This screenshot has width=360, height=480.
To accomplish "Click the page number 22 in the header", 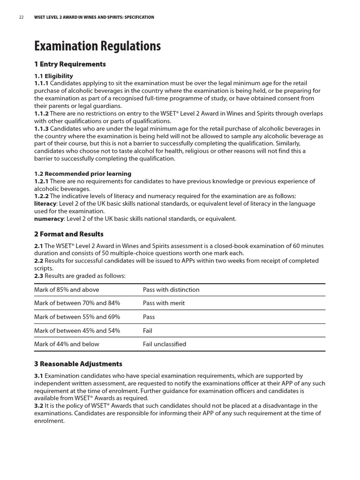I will click(x=21, y=17).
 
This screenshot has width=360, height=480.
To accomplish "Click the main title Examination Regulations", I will click(x=97, y=46).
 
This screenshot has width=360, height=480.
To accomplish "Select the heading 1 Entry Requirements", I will click(x=70, y=64).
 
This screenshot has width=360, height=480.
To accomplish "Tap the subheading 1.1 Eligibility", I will click(x=53, y=76).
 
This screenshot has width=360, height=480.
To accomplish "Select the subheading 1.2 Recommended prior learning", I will click(x=82, y=174).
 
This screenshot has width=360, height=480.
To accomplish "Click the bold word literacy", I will click(x=45, y=204).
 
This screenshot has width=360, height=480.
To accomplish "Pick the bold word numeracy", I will click(x=49, y=219).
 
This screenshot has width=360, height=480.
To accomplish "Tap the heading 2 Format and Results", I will click(x=68, y=234).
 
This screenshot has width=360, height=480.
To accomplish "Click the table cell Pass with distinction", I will click(x=171, y=290).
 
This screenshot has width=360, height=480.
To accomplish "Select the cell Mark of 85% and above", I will click(x=67, y=290).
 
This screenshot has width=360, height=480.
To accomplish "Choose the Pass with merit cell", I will click(x=164, y=303).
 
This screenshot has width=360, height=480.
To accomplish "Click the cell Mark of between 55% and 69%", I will click(x=77, y=317).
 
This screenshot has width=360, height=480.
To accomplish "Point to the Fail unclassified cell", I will click(x=164, y=344).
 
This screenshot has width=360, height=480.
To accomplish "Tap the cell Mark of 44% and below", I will click(x=67, y=344).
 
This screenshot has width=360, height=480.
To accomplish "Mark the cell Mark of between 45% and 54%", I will click(x=77, y=330).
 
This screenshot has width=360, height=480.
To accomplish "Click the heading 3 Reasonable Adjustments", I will click(x=78, y=364).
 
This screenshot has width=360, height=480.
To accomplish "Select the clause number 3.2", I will click(x=38, y=406).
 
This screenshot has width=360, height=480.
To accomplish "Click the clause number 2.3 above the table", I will click(x=38, y=276).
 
